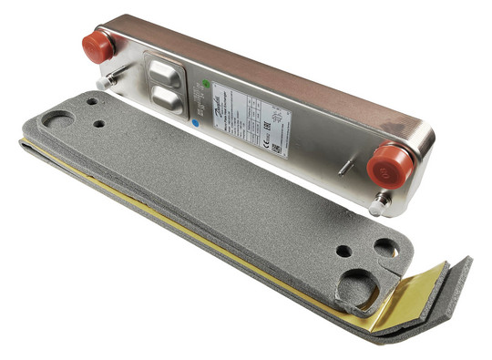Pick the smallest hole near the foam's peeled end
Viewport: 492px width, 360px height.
(343, 250)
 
